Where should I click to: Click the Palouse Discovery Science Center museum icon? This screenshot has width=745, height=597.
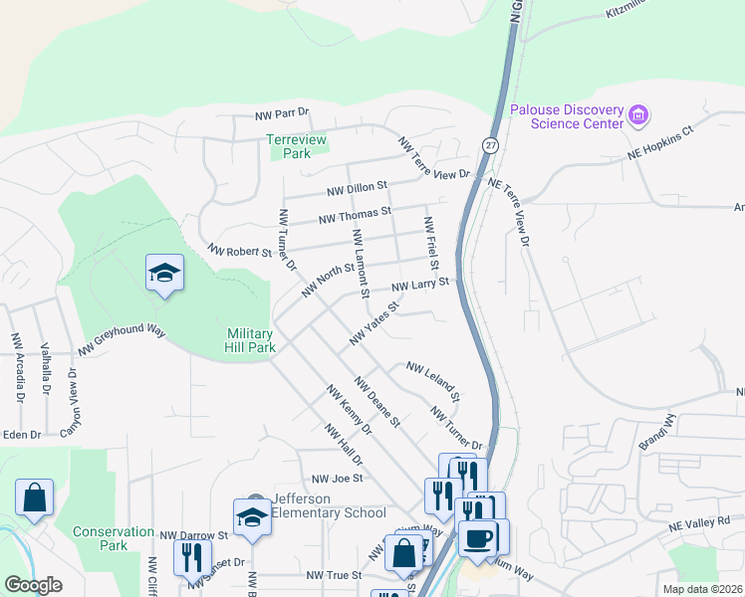pyautogui.click(x=639, y=116)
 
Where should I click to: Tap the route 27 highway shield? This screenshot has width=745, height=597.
pyautogui.click(x=490, y=145)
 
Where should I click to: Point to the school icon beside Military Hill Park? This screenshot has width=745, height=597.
pyautogui.click(x=164, y=274)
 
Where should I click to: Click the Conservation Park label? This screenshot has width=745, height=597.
pyautogui.click(x=114, y=538)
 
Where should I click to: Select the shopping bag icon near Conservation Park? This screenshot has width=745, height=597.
pyautogui.click(x=34, y=497)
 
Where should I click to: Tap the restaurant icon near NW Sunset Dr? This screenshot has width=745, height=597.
pyautogui.click(x=192, y=556)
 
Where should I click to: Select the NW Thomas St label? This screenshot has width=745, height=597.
pyautogui.click(x=355, y=215)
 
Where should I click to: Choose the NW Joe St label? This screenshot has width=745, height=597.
pyautogui.click(x=335, y=479)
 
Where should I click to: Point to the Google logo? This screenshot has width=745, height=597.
pyautogui.click(x=33, y=585)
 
